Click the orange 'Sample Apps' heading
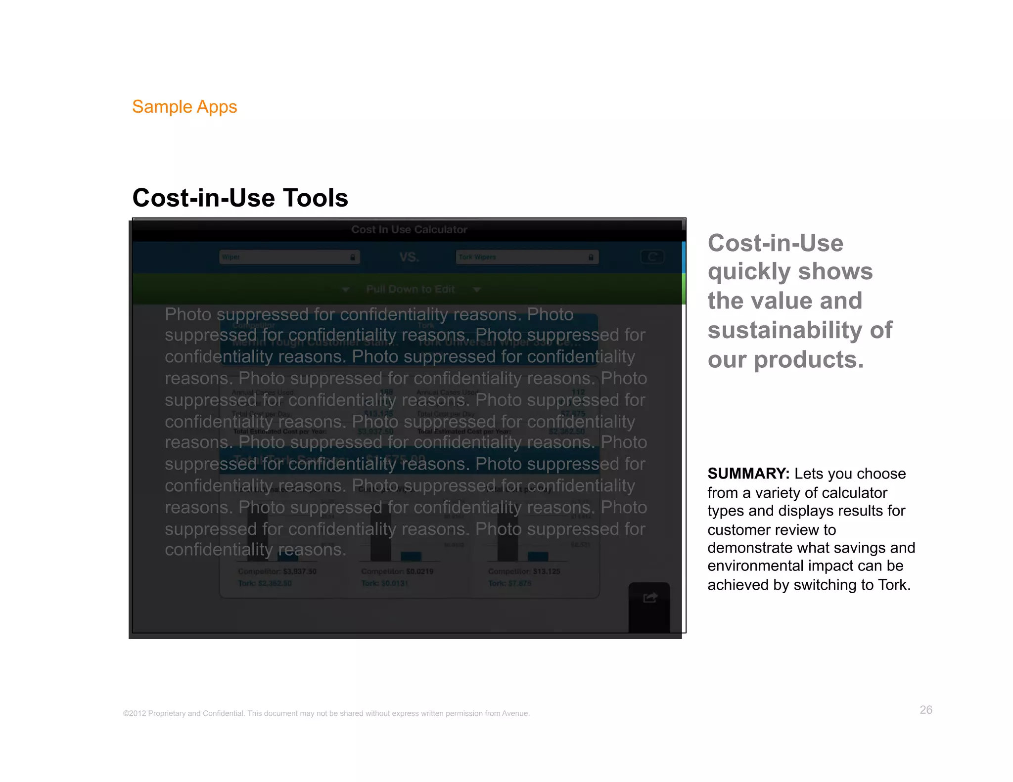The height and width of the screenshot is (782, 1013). pos(184,107)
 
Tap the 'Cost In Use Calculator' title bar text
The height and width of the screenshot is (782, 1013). pos(409,229)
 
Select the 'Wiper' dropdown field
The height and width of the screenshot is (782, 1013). pos(289,257)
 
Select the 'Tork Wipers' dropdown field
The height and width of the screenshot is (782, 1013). pos(527,257)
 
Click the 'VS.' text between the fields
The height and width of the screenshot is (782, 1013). pos(409,257)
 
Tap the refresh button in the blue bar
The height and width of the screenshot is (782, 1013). pos(652,257)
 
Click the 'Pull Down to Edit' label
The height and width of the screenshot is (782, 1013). pos(411,289)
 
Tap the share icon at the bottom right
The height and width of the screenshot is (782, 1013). pos(650,598)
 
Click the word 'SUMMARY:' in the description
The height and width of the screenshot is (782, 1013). pos(748,474)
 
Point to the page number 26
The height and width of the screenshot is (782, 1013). pos(926,710)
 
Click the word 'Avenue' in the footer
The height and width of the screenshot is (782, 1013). pos(515,713)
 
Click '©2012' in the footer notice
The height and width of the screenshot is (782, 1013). pos(135,713)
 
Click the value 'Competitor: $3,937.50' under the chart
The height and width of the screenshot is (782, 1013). pos(277,571)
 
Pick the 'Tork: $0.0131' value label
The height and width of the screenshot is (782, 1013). pos(385,583)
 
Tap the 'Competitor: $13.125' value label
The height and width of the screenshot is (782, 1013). pos(524,571)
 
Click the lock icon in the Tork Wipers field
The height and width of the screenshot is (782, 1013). pos(591,257)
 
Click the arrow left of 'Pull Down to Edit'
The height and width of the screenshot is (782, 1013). pos(346,290)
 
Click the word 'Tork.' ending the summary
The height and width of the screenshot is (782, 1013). pos(894,585)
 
